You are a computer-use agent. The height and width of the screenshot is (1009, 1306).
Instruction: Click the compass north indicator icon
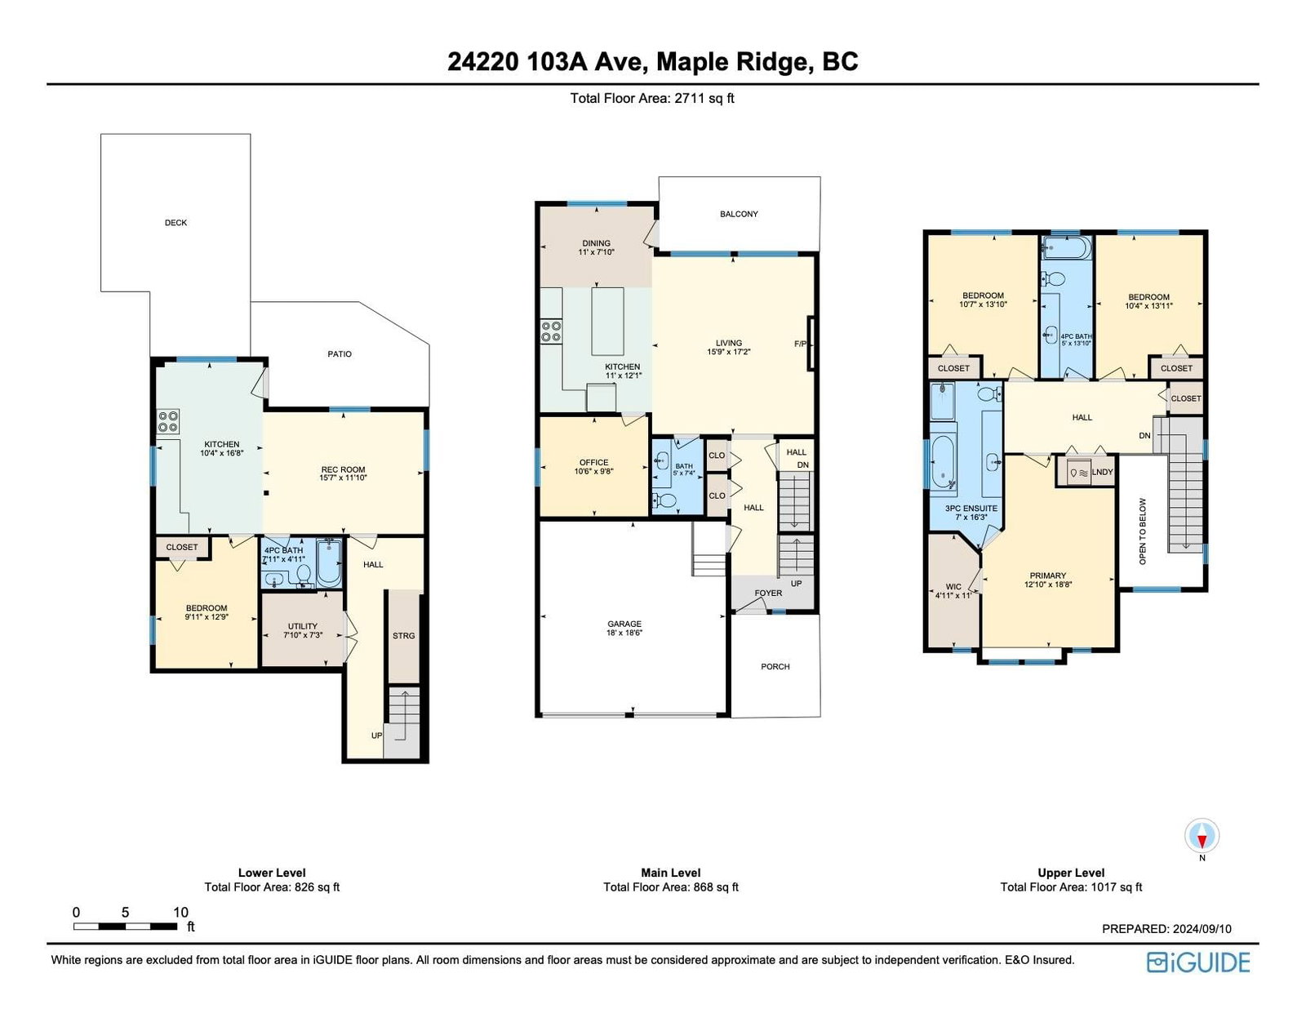(x=1202, y=835)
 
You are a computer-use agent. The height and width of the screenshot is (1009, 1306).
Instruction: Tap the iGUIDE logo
(x=1197, y=962)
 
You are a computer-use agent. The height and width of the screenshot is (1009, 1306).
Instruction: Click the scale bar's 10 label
(x=180, y=912)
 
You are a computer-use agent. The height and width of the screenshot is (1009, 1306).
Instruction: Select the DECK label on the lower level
(x=176, y=222)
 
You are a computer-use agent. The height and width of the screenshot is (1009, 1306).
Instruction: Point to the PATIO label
(x=340, y=354)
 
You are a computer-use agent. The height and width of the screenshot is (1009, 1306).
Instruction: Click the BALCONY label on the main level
(x=740, y=214)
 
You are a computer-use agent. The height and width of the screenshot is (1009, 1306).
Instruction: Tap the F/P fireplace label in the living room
(x=801, y=344)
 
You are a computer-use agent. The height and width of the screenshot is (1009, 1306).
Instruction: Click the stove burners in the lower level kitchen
(x=168, y=421)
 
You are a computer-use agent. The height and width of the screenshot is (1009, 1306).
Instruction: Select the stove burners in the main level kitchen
(x=551, y=331)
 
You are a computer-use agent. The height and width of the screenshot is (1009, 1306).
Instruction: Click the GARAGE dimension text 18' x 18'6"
(x=624, y=632)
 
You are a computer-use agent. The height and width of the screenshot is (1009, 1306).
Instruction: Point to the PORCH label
(x=775, y=666)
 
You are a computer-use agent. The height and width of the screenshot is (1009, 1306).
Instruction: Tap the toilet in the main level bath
(x=664, y=500)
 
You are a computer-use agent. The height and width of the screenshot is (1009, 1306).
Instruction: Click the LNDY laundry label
(x=1102, y=473)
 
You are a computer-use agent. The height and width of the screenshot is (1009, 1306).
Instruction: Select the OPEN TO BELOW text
(x=1143, y=531)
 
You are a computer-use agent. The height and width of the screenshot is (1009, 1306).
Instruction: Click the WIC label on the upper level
(x=953, y=586)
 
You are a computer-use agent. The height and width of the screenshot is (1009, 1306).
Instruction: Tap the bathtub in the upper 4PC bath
(x=1065, y=247)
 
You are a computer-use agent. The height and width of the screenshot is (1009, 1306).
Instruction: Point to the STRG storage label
(x=404, y=635)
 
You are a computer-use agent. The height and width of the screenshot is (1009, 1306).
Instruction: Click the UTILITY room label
(x=302, y=626)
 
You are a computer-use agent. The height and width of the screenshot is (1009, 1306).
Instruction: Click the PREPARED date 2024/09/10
(x=1198, y=928)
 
